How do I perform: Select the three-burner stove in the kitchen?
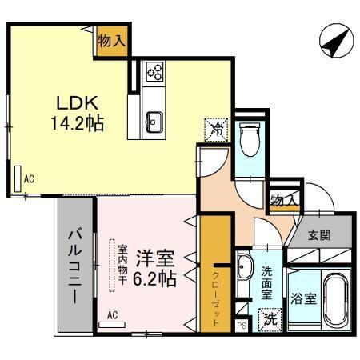coord(154,74)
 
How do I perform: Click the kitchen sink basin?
coord(154,122)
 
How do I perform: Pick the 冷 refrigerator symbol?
coord(214,128)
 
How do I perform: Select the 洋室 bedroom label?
coord(154,258)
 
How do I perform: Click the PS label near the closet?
coord(242,326)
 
